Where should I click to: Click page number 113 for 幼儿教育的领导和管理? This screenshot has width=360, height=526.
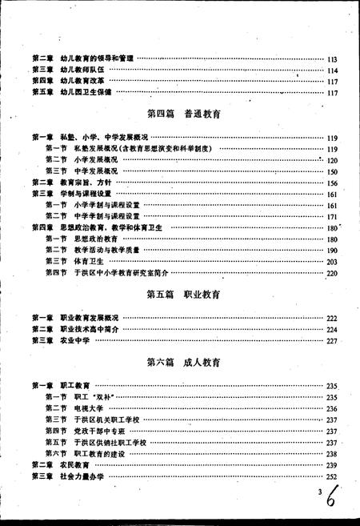coord(333,59)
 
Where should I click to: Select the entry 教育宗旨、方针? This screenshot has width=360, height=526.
coord(87,183)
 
